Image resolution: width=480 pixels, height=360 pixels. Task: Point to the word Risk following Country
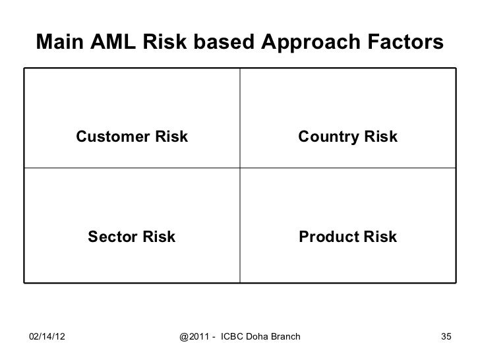coord(380,137)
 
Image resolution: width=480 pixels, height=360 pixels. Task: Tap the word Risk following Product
coord(380,237)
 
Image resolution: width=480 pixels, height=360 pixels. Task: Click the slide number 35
coord(446,337)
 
